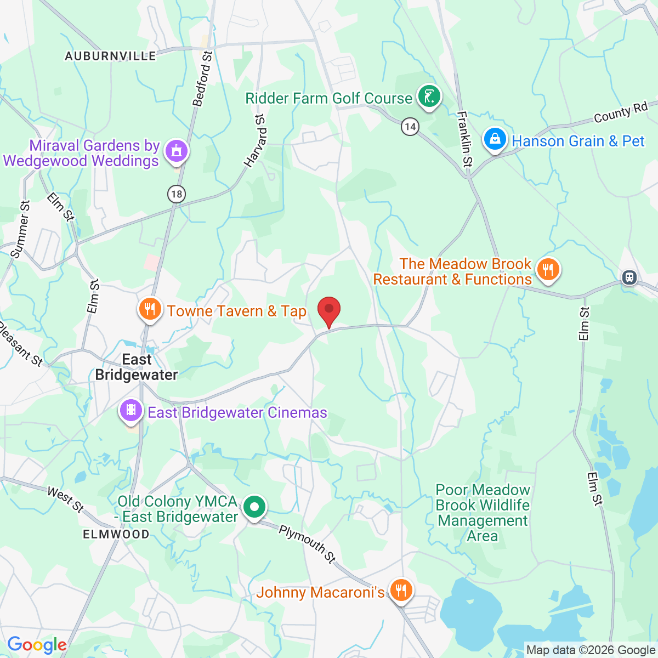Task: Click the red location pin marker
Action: [x=329, y=310]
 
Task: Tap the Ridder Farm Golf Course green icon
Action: [x=429, y=97]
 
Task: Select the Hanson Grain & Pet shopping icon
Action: [x=495, y=139]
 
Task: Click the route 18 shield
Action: [x=176, y=194]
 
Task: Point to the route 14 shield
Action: [x=410, y=127]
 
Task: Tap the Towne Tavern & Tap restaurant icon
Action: [x=149, y=310]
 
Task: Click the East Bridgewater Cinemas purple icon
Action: [x=131, y=411]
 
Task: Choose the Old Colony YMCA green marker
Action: [x=254, y=507]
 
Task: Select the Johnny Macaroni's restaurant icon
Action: [x=401, y=591]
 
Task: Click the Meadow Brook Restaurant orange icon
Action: [x=547, y=269]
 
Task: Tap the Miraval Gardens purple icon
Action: [x=176, y=151]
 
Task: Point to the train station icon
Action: [x=629, y=277]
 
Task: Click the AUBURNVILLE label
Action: [x=110, y=56]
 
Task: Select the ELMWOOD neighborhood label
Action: [x=116, y=534]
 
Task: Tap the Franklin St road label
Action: [x=464, y=139]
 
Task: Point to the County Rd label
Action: [x=621, y=112]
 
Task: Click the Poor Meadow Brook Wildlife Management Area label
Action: [x=483, y=513]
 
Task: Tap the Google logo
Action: [x=37, y=645]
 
